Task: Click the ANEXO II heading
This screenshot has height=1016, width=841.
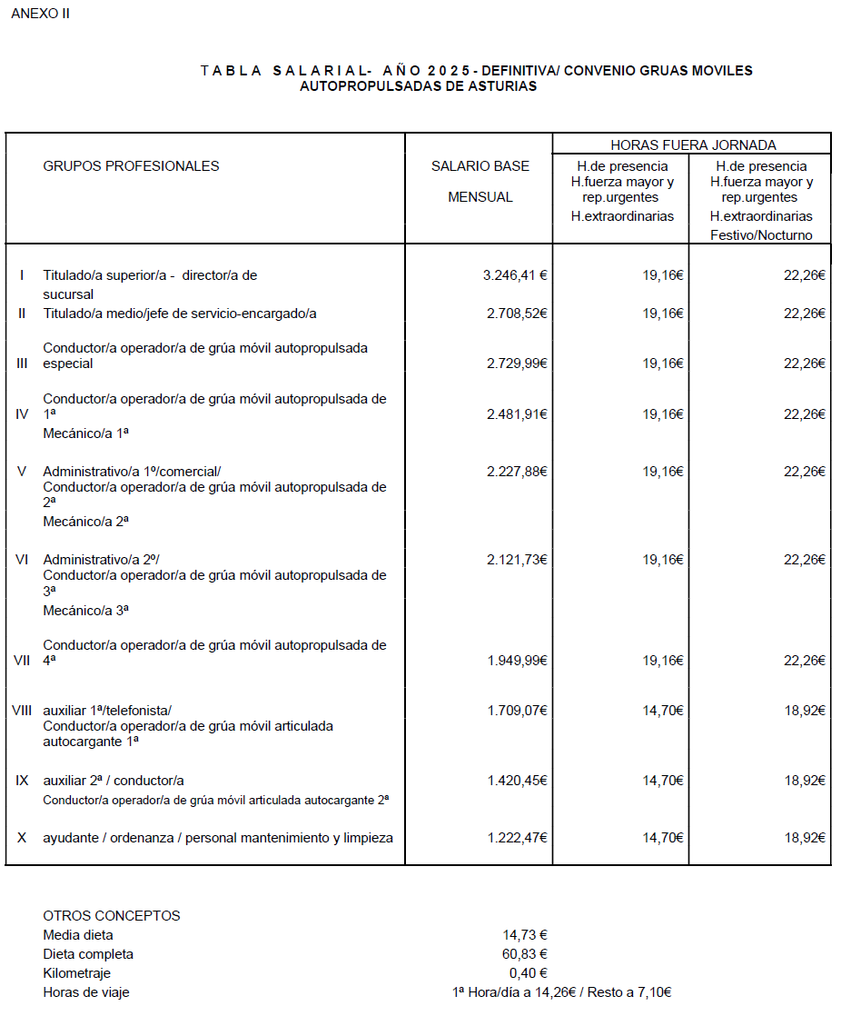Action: pos(41,15)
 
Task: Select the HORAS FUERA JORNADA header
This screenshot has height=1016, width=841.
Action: pos(693,144)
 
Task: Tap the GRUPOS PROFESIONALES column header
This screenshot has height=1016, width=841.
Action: pos(131,166)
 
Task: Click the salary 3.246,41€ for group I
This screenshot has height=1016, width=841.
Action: pos(515,275)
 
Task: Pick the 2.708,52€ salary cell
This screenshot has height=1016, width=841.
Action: pos(515,314)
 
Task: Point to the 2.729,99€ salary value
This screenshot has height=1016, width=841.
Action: pos(515,364)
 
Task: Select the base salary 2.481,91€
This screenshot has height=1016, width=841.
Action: pos(515,414)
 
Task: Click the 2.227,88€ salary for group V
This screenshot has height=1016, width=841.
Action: pos(515,472)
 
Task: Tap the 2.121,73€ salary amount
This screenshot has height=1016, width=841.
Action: pos(515,560)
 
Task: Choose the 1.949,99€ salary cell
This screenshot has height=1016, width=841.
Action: pos(515,661)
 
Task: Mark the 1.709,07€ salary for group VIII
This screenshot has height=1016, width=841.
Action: pos(515,711)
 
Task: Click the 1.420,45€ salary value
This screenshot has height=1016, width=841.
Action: pos(515,781)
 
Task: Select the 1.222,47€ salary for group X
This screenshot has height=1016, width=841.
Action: pos(515,838)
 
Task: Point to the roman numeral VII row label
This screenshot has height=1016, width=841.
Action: pos(22,661)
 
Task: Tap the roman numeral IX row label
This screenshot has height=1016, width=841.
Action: pos(22,781)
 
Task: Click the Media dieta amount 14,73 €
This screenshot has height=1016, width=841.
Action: pos(525,935)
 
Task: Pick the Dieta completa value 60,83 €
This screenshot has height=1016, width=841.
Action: pos(525,954)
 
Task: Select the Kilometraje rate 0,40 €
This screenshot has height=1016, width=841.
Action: pos(528,973)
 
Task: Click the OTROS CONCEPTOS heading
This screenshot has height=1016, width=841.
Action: pos(112,916)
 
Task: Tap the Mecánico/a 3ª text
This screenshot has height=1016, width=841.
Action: pos(85,611)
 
